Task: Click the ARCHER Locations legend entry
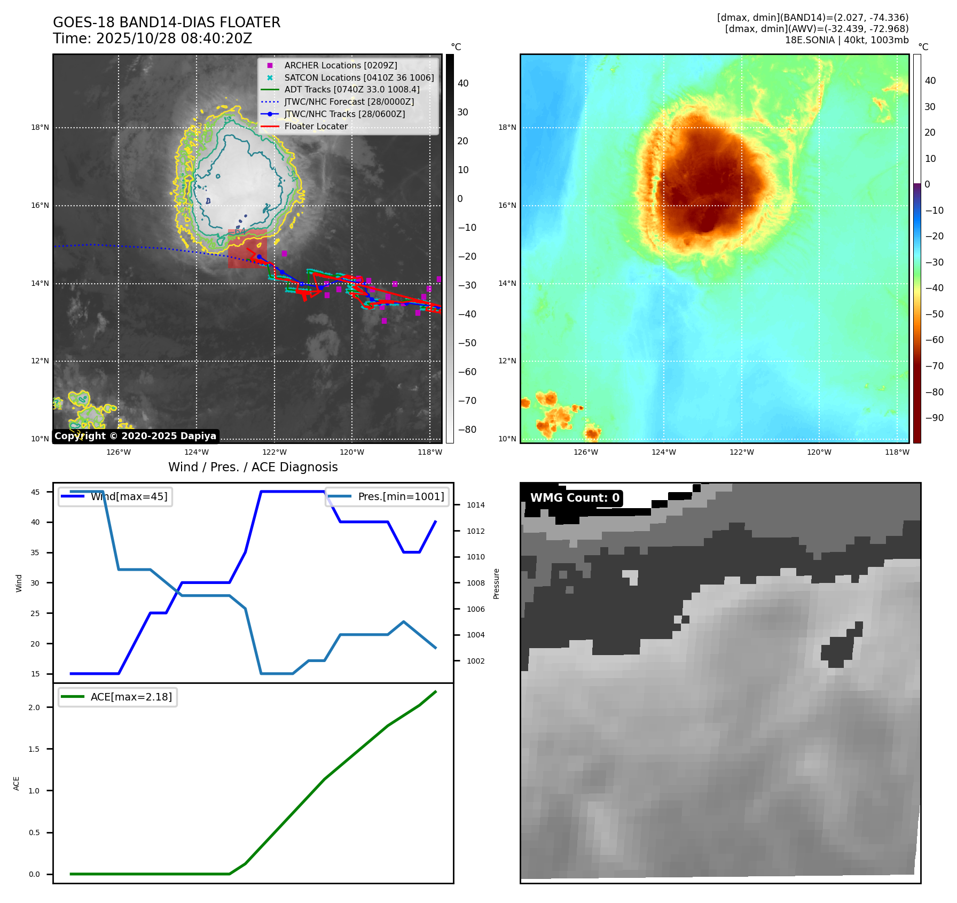[340, 65]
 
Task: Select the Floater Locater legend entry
[316, 126]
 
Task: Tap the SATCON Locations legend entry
[359, 77]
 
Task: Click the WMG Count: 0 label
[575, 498]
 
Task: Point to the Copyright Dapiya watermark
[135, 436]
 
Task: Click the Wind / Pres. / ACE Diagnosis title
[253, 467]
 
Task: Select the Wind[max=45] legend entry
[129, 496]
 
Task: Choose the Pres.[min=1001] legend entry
[401, 496]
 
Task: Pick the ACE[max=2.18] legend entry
[131, 697]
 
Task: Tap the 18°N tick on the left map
[40, 128]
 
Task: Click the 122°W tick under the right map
[742, 452]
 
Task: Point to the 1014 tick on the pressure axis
[475, 505]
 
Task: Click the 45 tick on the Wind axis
[35, 492]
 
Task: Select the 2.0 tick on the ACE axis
[34, 707]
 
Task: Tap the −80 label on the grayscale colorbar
[467, 430]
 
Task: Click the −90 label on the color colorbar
[934, 418]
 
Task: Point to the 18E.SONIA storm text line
[846, 40]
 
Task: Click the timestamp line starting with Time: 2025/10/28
[152, 38]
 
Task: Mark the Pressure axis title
[496, 583]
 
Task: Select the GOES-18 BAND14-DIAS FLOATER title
[167, 22]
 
